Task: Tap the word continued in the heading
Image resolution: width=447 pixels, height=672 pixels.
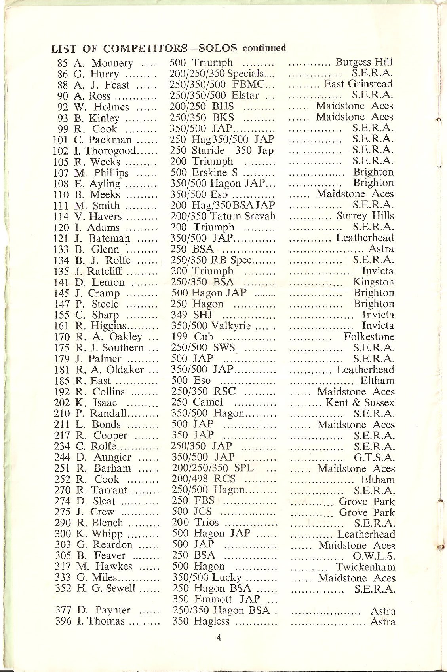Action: click(x=264, y=48)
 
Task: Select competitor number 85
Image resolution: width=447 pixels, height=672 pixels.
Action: click(x=63, y=63)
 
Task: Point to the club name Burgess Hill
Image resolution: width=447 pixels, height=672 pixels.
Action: click(x=364, y=62)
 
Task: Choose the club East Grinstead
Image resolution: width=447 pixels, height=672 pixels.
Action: click(x=358, y=84)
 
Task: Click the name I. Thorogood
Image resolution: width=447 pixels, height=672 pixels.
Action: click(x=105, y=151)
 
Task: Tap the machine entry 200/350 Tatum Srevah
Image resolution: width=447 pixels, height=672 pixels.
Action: click(x=223, y=216)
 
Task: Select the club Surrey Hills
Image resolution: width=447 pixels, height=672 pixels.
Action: click(x=365, y=216)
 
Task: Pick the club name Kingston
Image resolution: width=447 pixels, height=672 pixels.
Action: click(x=373, y=282)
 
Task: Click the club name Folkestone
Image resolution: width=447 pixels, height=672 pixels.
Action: click(x=369, y=337)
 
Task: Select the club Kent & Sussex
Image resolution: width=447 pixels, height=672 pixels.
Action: click(x=360, y=403)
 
